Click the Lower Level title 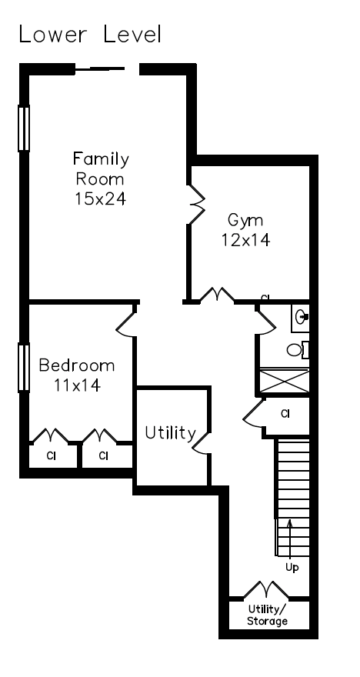coord(90,34)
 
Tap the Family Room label coord(101,168)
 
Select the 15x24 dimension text coord(101,198)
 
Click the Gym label coord(245,221)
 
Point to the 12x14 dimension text coord(245,239)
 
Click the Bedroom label coord(77,365)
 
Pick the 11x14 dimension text coord(77,385)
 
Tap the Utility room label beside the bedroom coord(170,433)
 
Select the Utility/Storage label coord(267,615)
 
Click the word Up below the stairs coord(292,567)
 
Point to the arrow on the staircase coord(290,540)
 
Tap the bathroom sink coord(301,318)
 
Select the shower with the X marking coord(285,380)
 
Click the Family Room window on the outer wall coord(24,128)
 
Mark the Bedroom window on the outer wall coord(24,368)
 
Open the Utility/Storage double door coord(266,590)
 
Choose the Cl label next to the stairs coord(285,414)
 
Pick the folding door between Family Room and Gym coord(196,205)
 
